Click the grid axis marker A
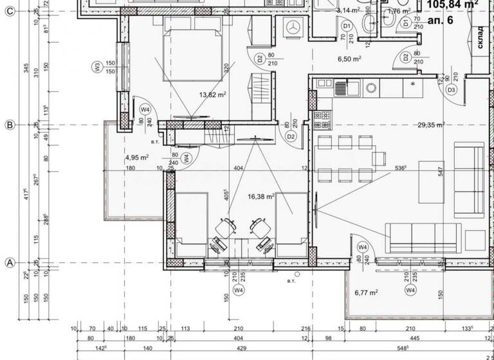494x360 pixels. click(10, 263)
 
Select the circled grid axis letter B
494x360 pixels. click(10, 125)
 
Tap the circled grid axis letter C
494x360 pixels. click(10, 17)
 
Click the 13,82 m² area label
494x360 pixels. click(214, 95)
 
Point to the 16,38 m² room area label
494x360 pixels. click(262, 197)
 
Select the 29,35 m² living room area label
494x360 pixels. click(431, 125)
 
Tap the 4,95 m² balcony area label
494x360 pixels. click(137, 157)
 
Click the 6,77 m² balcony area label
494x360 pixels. click(366, 292)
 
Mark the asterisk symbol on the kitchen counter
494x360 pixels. click(412, 84)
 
